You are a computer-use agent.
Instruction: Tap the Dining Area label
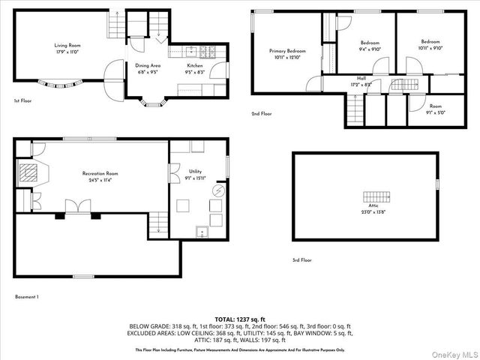pyautogui.click(x=148, y=65)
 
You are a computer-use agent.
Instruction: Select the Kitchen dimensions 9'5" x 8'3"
pyautogui.click(x=194, y=73)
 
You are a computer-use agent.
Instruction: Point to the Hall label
pyautogui.click(x=361, y=78)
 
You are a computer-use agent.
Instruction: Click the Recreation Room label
pyautogui.click(x=100, y=173)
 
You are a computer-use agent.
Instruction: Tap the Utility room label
pyautogui.click(x=195, y=172)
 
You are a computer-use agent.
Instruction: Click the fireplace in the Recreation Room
pyautogui.click(x=28, y=174)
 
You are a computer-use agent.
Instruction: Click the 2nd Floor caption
pyautogui.click(x=262, y=114)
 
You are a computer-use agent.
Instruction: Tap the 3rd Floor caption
pyautogui.click(x=302, y=259)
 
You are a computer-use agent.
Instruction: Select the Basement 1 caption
pyautogui.click(x=27, y=297)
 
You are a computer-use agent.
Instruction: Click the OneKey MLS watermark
pyautogui.click(x=452, y=353)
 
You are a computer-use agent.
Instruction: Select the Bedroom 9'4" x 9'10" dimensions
pyautogui.click(x=370, y=49)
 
